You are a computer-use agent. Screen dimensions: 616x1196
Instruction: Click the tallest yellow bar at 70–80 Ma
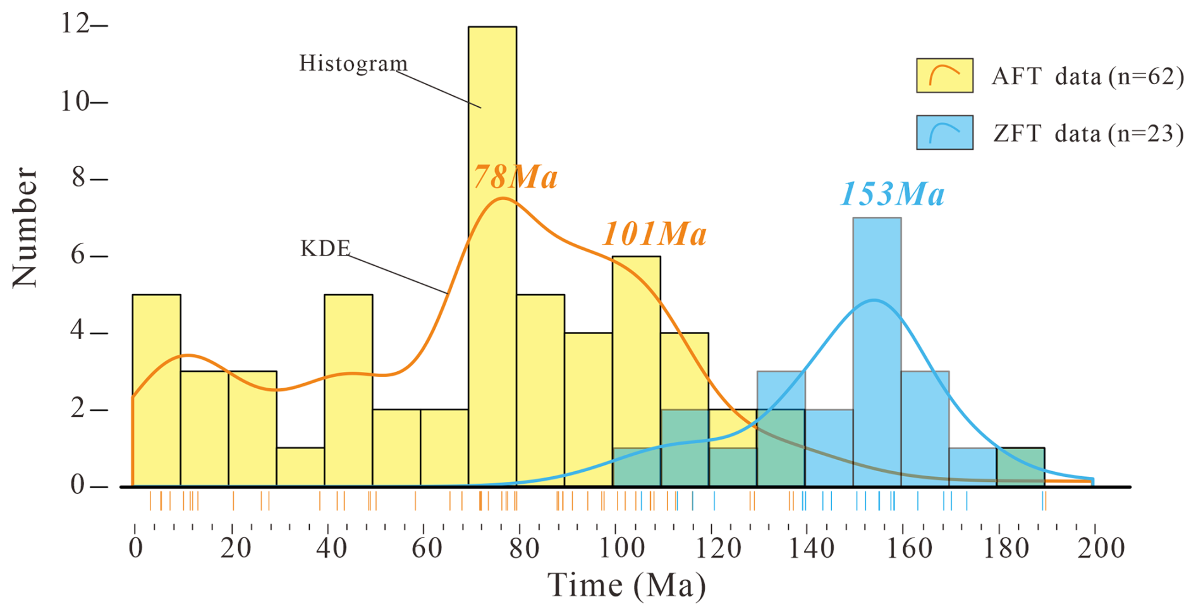pos(492,126)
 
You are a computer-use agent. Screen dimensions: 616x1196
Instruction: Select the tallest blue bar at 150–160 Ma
pos(877,266)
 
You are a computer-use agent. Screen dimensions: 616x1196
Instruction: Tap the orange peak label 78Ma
pos(515,177)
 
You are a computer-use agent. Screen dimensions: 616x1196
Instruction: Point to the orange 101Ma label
pos(654,235)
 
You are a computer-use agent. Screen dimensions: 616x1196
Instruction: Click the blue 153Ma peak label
pos(892,194)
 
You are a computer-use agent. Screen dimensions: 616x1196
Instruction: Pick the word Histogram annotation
pos(353,64)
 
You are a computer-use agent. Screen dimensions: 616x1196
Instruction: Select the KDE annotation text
pos(325,249)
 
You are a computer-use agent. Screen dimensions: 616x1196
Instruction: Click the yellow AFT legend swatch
pos(944,76)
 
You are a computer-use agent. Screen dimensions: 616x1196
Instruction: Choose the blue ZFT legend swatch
pos(944,132)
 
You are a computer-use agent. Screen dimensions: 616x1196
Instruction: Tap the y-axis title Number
pos(25,228)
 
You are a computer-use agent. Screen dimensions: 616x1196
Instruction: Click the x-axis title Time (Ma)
pos(626,585)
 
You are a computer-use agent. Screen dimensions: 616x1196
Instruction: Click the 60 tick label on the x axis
pos(426,548)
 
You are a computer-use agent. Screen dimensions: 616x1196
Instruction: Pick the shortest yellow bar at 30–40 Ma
pos(300,467)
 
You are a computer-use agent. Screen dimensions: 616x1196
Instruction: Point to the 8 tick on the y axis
pos(78,178)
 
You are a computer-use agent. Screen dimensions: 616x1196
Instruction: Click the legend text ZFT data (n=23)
pos(1087,134)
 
